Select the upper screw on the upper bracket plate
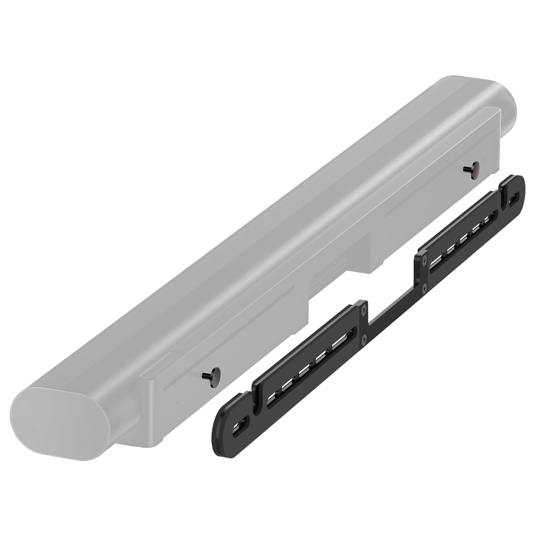tap(425, 259)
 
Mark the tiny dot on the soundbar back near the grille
tap(177, 402)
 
